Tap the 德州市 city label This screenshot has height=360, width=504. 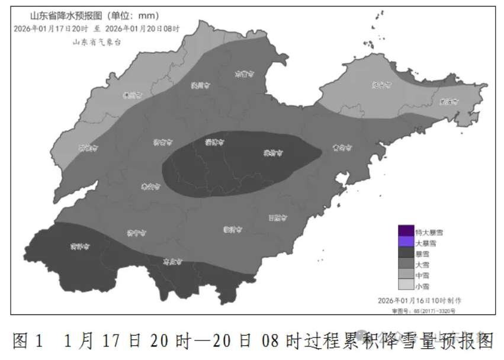(133, 95)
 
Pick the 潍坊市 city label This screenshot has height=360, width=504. (272, 153)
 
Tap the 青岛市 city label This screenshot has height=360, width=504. (342, 147)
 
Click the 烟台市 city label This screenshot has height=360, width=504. (382, 85)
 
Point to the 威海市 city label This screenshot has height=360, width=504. (450, 101)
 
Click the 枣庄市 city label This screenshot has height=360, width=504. (172, 261)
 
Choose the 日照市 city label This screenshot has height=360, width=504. (277, 217)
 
